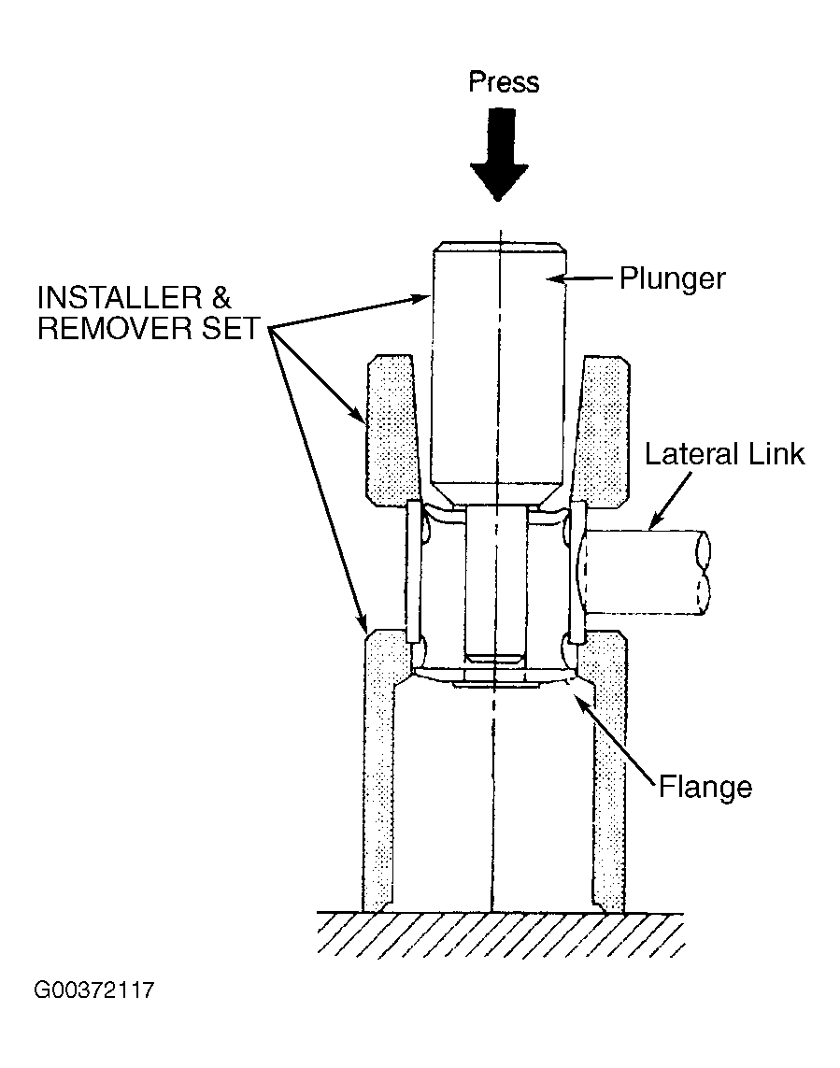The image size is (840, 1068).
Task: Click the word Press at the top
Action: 504,82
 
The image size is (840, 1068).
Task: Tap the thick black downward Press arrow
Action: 499,154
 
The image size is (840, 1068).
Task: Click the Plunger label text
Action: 673,279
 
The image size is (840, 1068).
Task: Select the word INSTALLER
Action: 120,298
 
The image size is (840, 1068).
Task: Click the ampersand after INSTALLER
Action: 221,298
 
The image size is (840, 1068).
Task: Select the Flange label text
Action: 705,787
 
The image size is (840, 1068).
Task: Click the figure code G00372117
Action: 94,990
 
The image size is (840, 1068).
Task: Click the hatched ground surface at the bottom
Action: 501,934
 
